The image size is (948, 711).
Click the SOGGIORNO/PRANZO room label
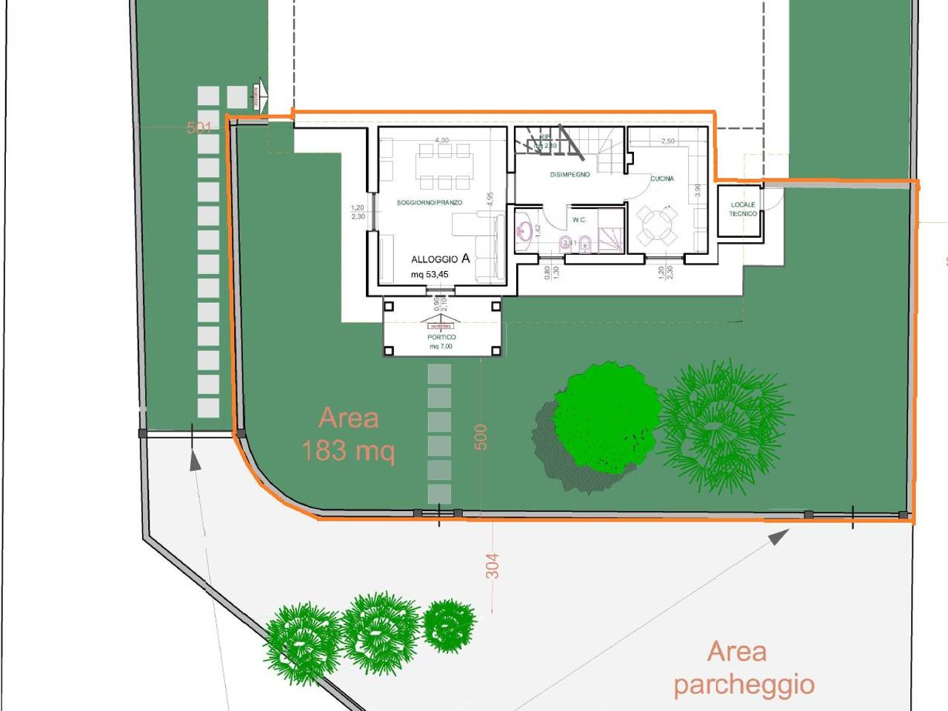[429, 202]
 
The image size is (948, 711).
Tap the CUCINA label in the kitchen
[661, 178]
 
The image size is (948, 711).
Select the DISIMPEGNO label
[570, 175]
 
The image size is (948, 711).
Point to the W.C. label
[578, 220]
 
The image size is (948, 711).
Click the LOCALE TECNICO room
[742, 210]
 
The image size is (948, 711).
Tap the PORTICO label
[441, 337]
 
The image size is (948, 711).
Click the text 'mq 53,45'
[430, 275]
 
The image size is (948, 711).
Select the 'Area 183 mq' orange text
[348, 434]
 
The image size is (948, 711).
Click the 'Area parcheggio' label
[743, 668]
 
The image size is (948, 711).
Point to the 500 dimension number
[481, 437]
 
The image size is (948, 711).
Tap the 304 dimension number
[493, 567]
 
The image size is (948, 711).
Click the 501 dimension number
[199, 128]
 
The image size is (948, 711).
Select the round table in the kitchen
[658, 224]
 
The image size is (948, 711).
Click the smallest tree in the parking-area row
[448, 624]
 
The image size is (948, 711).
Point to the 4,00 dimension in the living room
[441, 140]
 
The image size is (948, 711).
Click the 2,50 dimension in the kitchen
[667, 141]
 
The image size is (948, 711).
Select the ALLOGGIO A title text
[440, 258]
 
